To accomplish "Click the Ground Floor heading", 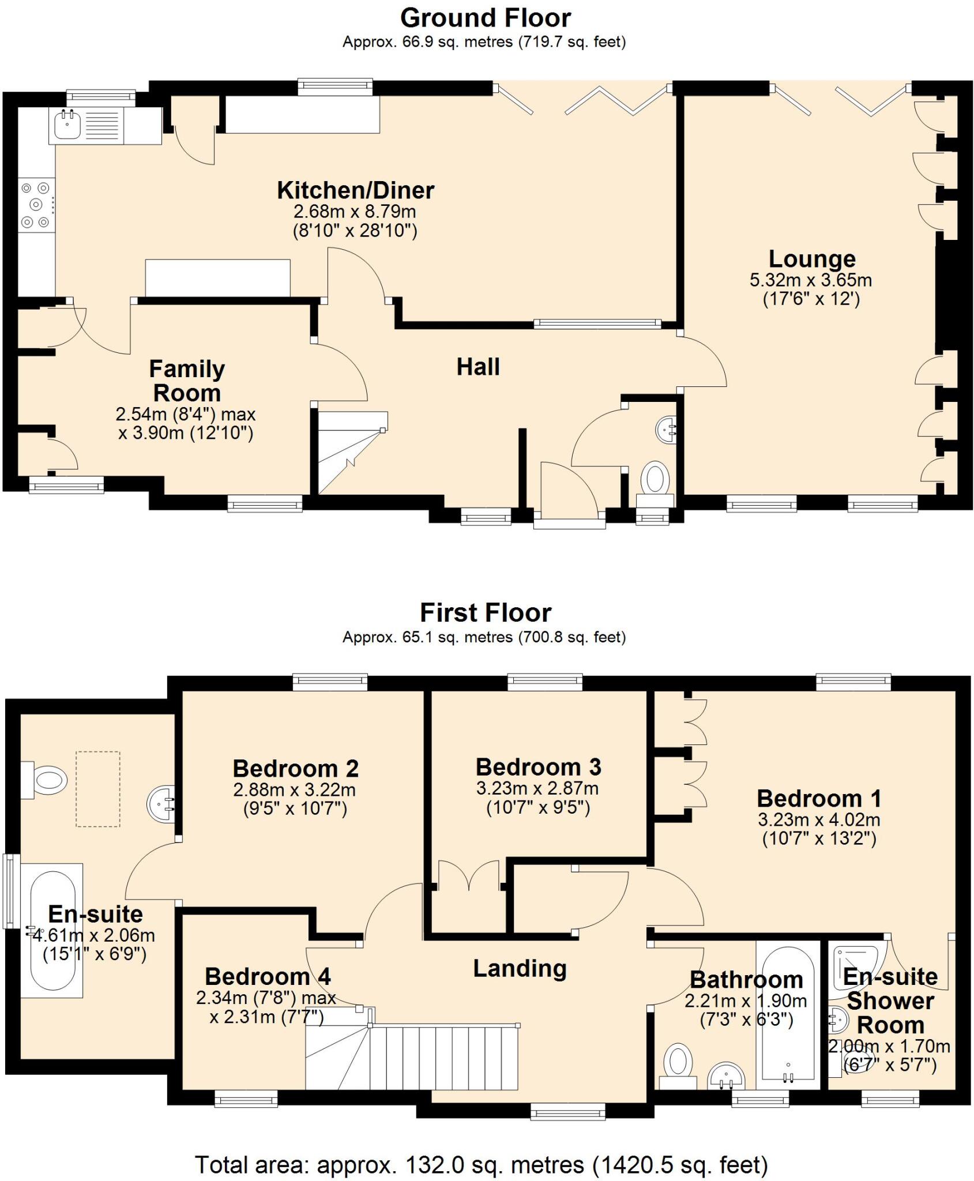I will coord(486,18).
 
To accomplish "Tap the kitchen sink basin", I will coord(68,124).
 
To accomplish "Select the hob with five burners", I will coord(36,205).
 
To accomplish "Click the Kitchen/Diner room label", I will coord(355,190).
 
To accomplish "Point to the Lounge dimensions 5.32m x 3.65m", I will coord(810,281).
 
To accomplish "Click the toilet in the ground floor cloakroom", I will coord(655,479).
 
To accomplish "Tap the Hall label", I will coord(478,367).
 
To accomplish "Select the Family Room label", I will coord(187,381).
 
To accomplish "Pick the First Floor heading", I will coord(486,613).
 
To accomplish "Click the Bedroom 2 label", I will coord(295,769).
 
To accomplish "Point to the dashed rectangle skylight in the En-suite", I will coord(98,789).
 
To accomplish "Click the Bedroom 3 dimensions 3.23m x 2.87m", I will coord(537,788).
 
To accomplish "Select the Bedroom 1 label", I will coord(819,799).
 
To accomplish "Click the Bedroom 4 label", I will coord(268,977).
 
